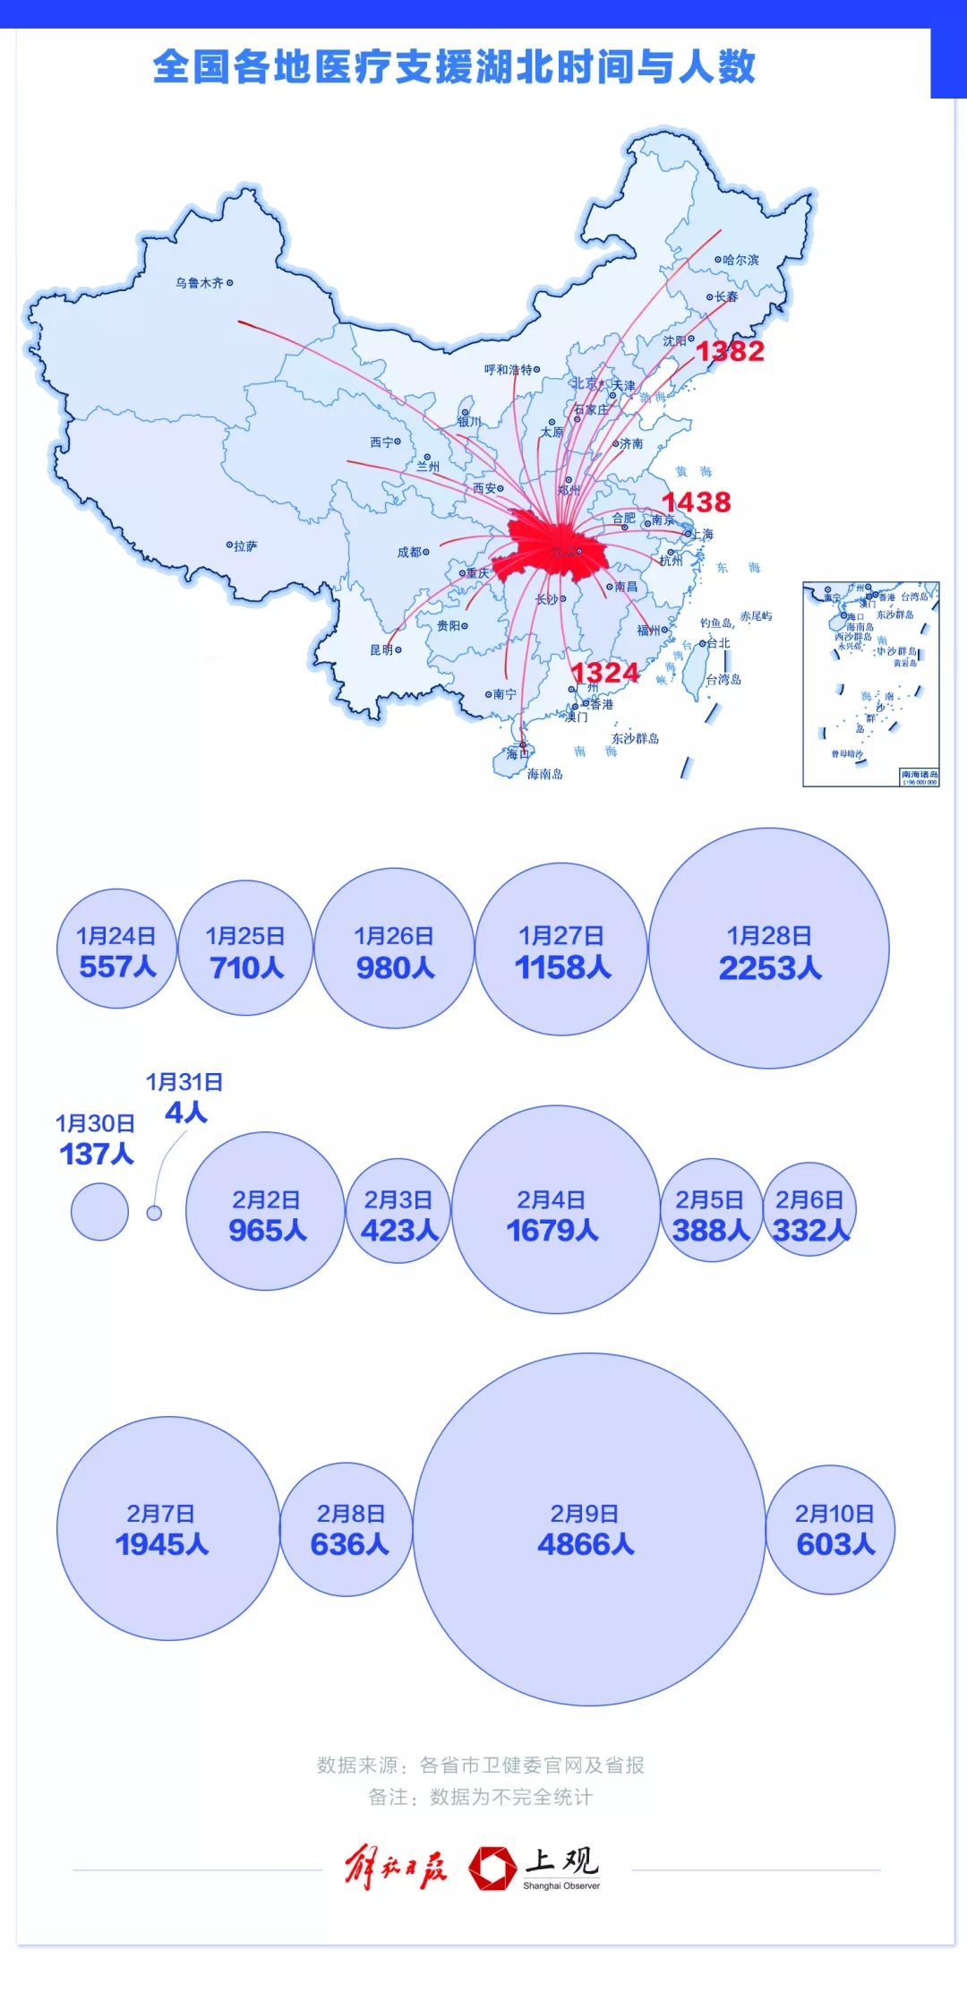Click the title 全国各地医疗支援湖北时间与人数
tap(454, 67)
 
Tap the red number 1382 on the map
tap(730, 351)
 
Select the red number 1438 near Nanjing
tap(697, 502)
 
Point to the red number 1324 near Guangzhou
tap(605, 673)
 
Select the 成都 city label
tap(413, 552)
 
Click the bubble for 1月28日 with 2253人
tap(769, 948)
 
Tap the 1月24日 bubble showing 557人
tap(116, 949)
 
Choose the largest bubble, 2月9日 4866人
tap(588, 1529)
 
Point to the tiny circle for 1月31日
tap(154, 1213)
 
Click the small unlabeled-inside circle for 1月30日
tap(99, 1212)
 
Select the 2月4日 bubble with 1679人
tap(555, 1209)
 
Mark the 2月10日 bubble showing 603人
tap(831, 1529)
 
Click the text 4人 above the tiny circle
tap(186, 1113)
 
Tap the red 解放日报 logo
tap(396, 1867)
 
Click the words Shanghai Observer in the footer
tap(561, 1885)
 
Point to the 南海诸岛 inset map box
tap(870, 683)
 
